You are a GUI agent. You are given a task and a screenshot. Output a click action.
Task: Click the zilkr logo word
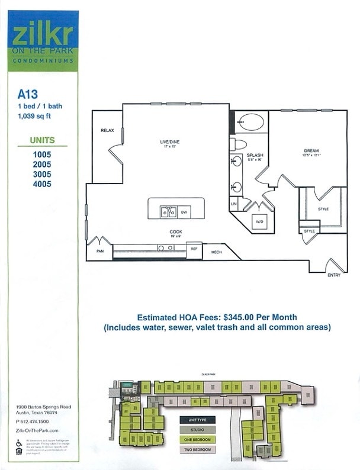(42, 33)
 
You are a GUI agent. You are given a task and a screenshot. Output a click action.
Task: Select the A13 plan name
(27, 93)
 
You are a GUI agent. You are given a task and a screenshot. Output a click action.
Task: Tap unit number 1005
(42, 154)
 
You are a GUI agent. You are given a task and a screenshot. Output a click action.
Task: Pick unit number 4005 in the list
(42, 184)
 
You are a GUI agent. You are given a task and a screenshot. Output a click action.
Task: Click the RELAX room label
(107, 130)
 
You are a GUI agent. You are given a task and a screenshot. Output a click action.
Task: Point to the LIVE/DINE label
(169, 143)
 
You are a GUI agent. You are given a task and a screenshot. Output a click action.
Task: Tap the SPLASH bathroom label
(255, 155)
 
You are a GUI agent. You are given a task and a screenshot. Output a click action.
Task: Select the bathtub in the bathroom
(251, 122)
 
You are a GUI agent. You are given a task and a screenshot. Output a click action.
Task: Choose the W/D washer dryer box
(259, 221)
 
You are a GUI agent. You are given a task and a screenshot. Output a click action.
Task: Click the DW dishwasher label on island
(184, 211)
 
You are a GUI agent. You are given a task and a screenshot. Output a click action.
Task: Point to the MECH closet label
(216, 252)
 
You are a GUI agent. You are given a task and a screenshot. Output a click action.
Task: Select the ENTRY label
(333, 275)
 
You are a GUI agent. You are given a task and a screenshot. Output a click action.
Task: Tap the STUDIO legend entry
(198, 429)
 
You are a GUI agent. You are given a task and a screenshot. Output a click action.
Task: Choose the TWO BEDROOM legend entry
(198, 449)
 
